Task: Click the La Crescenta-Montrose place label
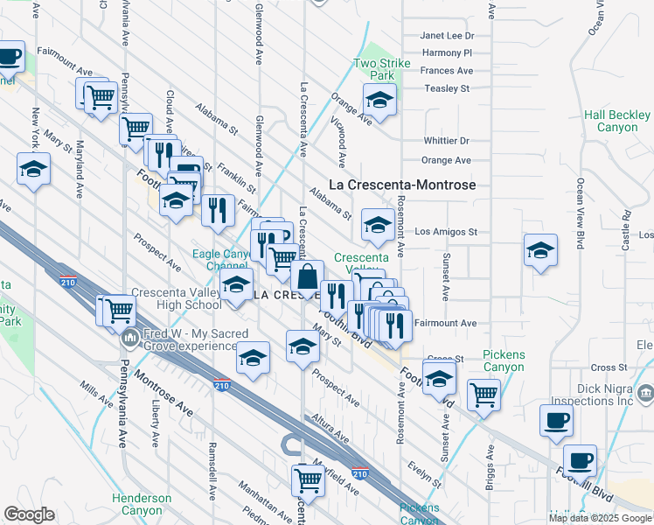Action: (402, 185)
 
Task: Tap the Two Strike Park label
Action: (376, 69)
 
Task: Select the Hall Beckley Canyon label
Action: (617, 121)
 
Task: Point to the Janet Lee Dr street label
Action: (447, 36)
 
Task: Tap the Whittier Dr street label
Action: (446, 140)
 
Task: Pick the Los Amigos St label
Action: (446, 232)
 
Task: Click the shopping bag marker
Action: (309, 276)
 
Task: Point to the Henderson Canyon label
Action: (142, 504)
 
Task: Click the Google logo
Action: (29, 514)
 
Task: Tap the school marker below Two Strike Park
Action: (380, 102)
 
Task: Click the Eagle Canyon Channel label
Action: (220, 260)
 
